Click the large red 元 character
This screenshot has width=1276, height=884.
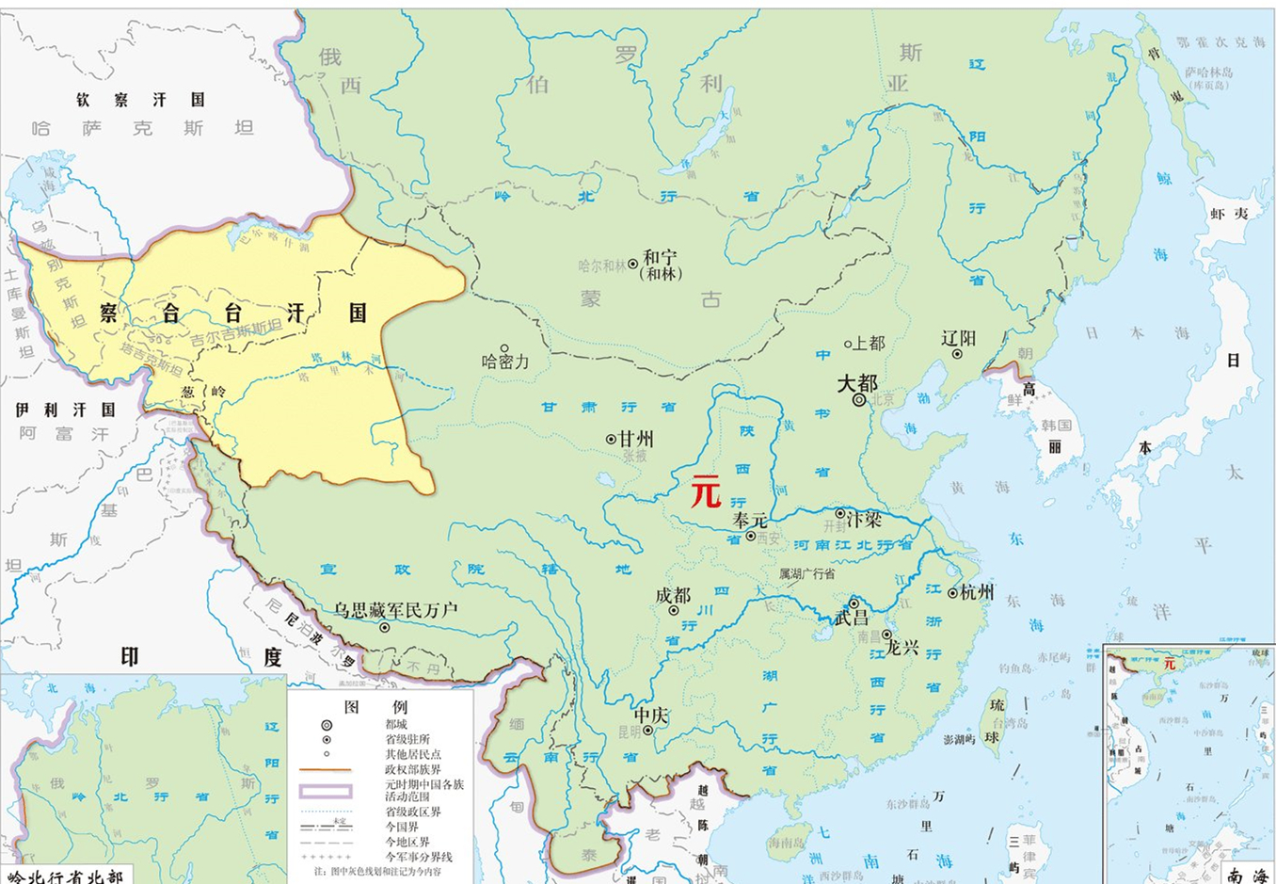click(706, 491)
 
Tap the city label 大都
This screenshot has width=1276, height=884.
click(857, 383)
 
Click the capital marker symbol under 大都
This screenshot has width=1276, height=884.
click(859, 400)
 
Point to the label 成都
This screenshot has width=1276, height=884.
click(673, 595)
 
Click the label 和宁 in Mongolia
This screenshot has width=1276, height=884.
click(660, 257)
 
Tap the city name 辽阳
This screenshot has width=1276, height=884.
click(959, 338)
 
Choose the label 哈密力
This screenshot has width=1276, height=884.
click(505, 362)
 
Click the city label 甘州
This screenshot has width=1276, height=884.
click(636, 439)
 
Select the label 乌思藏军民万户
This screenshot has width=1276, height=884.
click(395, 610)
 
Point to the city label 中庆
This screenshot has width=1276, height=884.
click(650, 715)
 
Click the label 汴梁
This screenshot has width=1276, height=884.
click(864, 519)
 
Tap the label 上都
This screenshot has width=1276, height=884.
click(869, 344)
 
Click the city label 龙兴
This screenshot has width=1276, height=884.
click(901, 649)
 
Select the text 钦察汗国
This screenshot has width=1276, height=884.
click(140, 100)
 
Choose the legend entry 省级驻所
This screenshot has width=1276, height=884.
click(407, 739)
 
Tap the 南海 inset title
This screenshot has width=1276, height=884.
click(1248, 876)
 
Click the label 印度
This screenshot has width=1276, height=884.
click(200, 656)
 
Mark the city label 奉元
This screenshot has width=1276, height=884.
click(750, 520)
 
